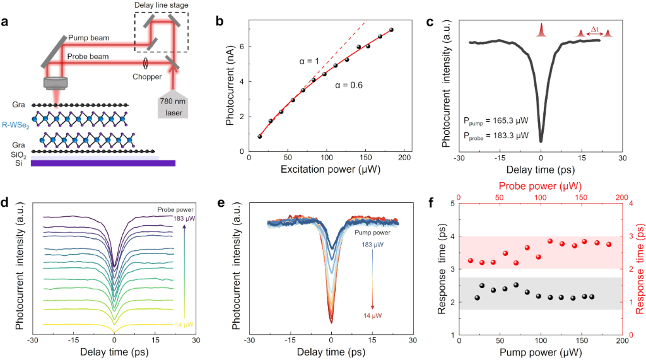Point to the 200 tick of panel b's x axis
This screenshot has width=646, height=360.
coord(404,157)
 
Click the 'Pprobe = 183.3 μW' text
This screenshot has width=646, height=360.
coord(495,135)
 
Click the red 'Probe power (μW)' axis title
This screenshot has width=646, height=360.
coord(540,187)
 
